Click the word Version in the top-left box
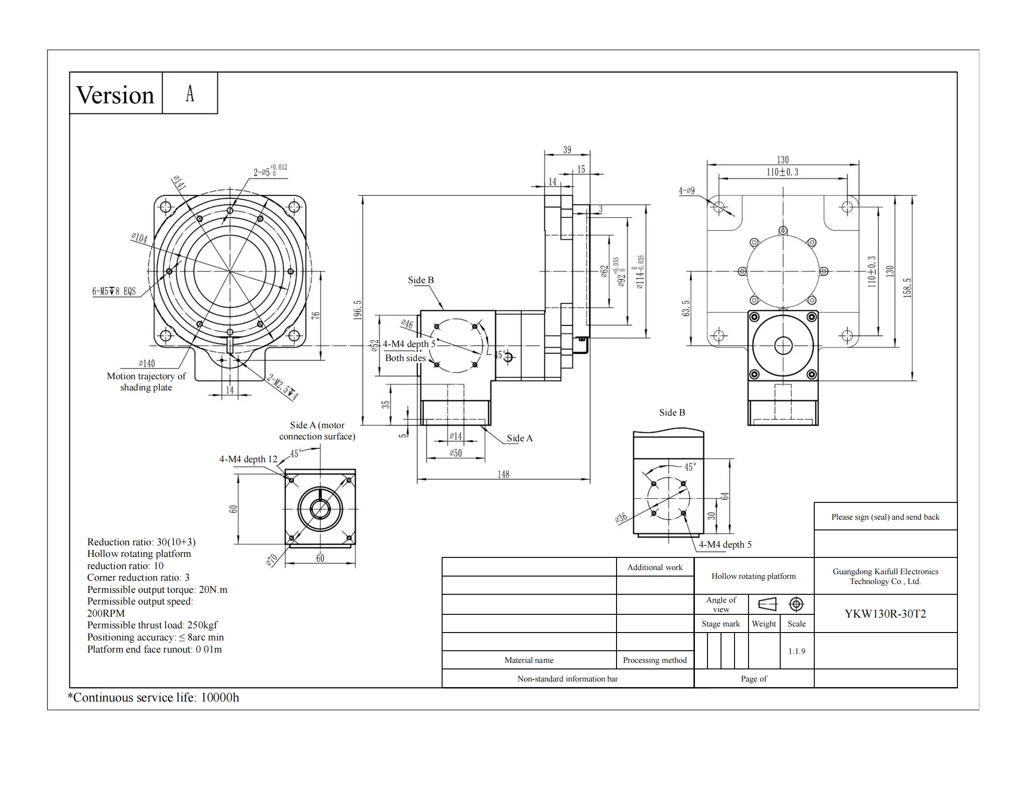115,95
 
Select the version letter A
190,93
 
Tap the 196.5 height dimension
358,311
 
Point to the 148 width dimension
503,474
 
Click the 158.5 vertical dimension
907,288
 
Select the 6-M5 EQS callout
114,291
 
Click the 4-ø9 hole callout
686,191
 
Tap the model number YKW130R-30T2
885,614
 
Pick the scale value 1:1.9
796,651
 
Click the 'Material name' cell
528,660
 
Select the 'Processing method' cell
654,660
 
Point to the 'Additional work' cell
654,568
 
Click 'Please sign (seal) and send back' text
885,517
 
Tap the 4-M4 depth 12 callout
248,459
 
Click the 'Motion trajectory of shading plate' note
146,382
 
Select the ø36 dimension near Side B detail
621,518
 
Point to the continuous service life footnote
153,697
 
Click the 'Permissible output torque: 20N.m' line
157,590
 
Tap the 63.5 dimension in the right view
686,309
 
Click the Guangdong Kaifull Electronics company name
885,577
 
